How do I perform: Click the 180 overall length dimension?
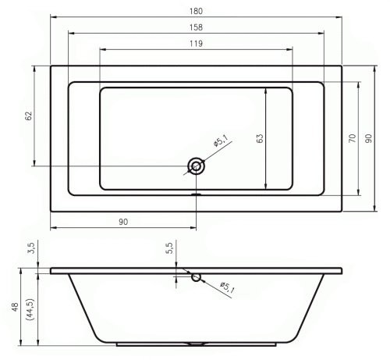[196, 11]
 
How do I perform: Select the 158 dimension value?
[196, 27]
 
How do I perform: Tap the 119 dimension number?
[196, 44]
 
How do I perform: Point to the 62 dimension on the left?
[28, 116]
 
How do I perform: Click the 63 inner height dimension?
[260, 138]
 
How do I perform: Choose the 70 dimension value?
[352, 138]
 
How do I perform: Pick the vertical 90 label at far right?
[368, 138]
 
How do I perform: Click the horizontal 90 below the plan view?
[123, 222]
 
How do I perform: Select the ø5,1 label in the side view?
[227, 287]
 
